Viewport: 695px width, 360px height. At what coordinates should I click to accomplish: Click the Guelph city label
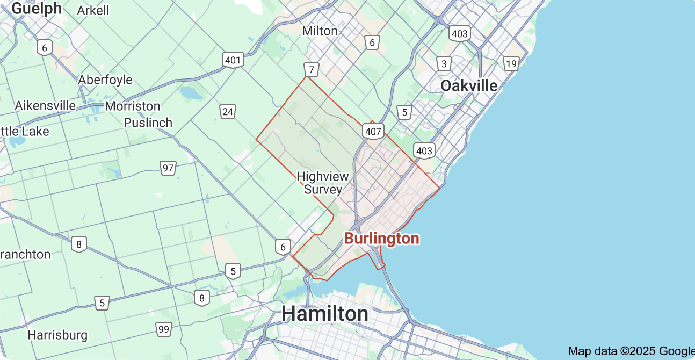tap(36, 8)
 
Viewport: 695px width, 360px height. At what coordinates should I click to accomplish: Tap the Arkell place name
tap(93, 10)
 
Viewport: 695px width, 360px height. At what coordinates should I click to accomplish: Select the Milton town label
tap(320, 31)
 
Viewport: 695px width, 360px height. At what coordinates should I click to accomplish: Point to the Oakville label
tap(469, 85)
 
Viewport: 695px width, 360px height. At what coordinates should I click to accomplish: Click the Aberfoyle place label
tap(105, 80)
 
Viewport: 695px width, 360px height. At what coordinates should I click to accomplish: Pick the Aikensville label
tap(45, 105)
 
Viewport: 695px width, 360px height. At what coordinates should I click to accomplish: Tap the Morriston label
tap(133, 106)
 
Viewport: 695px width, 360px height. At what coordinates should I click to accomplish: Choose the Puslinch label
tap(148, 123)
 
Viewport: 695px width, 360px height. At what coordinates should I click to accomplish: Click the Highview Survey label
tap(323, 183)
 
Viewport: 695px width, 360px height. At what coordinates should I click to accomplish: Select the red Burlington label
tap(381, 238)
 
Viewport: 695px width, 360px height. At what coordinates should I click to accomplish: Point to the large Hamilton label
tap(325, 313)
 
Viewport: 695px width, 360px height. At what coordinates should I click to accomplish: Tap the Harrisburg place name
tap(57, 335)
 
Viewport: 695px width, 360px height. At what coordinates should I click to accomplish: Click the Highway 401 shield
tap(233, 60)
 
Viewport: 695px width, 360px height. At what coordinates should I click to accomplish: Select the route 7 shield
tap(312, 70)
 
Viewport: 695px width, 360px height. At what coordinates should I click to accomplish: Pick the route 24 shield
tap(228, 112)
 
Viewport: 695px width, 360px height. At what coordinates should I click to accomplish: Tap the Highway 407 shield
tap(373, 131)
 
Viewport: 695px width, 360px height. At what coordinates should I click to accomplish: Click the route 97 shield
tap(168, 168)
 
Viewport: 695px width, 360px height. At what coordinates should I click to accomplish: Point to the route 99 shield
tap(164, 328)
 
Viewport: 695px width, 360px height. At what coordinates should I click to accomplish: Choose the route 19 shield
tap(511, 64)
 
